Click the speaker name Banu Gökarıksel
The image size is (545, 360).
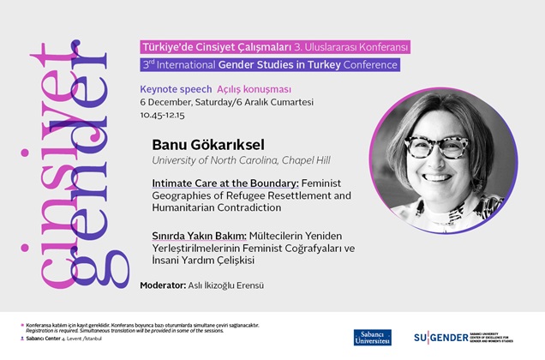click(213, 144)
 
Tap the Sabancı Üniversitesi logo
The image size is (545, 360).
click(373, 337)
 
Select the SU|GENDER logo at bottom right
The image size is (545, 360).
click(463, 337)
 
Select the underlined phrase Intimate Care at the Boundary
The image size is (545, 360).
click(213, 183)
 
